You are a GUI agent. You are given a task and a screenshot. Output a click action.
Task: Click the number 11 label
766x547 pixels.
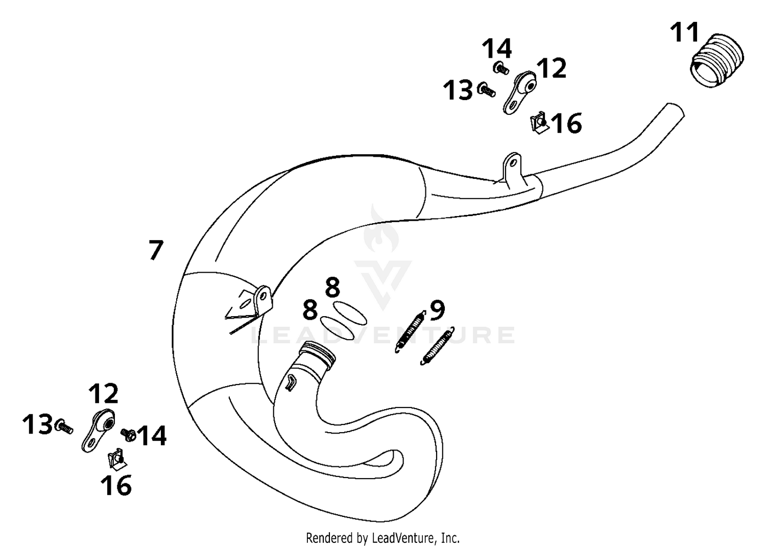click(x=684, y=33)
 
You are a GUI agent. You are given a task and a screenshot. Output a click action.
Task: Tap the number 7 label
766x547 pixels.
click(x=156, y=250)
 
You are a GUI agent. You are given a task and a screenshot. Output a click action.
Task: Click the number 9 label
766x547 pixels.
click(x=437, y=311)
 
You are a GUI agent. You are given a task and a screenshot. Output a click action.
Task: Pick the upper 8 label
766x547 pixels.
click(x=332, y=288)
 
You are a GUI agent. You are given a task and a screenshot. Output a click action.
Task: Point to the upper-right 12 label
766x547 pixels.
click(x=551, y=68)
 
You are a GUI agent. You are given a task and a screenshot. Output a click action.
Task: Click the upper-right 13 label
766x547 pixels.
click(x=457, y=90)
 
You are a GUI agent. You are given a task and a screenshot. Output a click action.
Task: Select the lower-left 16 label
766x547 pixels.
click(x=116, y=485)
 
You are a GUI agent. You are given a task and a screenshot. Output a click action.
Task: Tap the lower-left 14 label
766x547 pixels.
click(x=152, y=436)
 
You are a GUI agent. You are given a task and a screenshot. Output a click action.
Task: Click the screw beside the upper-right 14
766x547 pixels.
click(x=501, y=68)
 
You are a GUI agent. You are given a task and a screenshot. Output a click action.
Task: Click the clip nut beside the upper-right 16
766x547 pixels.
click(x=539, y=122)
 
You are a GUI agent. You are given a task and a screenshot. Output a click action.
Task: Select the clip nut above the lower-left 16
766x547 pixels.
click(x=116, y=458)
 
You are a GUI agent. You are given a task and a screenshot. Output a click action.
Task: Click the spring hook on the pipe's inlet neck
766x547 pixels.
click(x=291, y=383)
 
